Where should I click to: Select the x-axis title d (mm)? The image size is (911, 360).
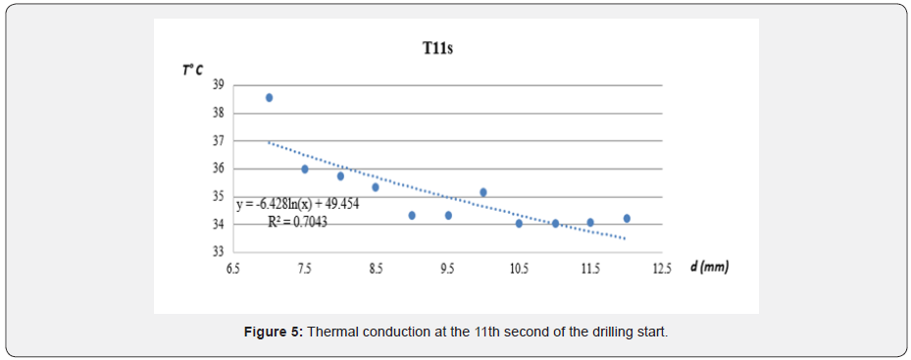[x=709, y=267]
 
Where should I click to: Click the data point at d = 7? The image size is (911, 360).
[x=269, y=98]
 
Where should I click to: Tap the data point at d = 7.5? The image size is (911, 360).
[x=305, y=169]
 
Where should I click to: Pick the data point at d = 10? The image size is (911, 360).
[x=483, y=192]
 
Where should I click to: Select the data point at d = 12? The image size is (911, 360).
[x=627, y=219]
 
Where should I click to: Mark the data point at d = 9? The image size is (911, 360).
[x=412, y=216]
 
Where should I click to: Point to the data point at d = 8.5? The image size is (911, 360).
[x=376, y=187]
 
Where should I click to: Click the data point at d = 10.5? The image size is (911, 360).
[x=519, y=224]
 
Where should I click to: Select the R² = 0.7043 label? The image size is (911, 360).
[x=297, y=222]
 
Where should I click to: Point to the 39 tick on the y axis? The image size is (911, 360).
[x=219, y=84]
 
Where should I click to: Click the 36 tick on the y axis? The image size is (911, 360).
[x=219, y=169]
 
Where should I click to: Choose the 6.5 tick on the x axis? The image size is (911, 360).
[x=233, y=268]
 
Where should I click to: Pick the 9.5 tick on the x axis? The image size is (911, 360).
[x=447, y=268]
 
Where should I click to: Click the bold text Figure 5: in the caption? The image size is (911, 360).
[x=274, y=333]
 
